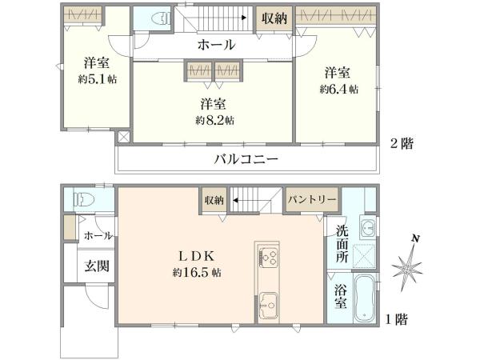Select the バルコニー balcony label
pos(246,159)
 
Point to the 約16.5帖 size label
pos(196,273)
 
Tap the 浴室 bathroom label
pos(340,298)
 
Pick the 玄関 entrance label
pos(98,267)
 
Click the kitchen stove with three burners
pos(267,258)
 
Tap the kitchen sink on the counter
pos(267,305)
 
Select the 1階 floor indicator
pos(394,320)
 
